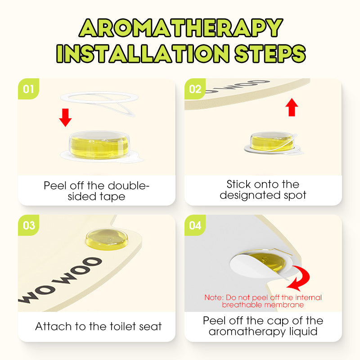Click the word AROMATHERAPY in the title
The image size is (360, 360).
(x=181, y=28)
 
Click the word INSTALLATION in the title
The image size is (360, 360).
(x=143, y=54)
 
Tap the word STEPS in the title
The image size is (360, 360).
(x=270, y=54)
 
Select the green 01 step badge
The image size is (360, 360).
(x=28, y=89)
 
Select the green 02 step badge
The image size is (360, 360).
(x=195, y=89)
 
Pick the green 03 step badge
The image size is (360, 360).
(x=28, y=225)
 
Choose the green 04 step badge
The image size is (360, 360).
(x=195, y=225)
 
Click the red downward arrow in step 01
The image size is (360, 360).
(x=65, y=117)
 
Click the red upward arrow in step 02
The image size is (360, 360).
(x=292, y=107)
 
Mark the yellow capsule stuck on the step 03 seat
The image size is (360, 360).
(x=107, y=239)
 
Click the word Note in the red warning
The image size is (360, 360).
(x=213, y=297)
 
